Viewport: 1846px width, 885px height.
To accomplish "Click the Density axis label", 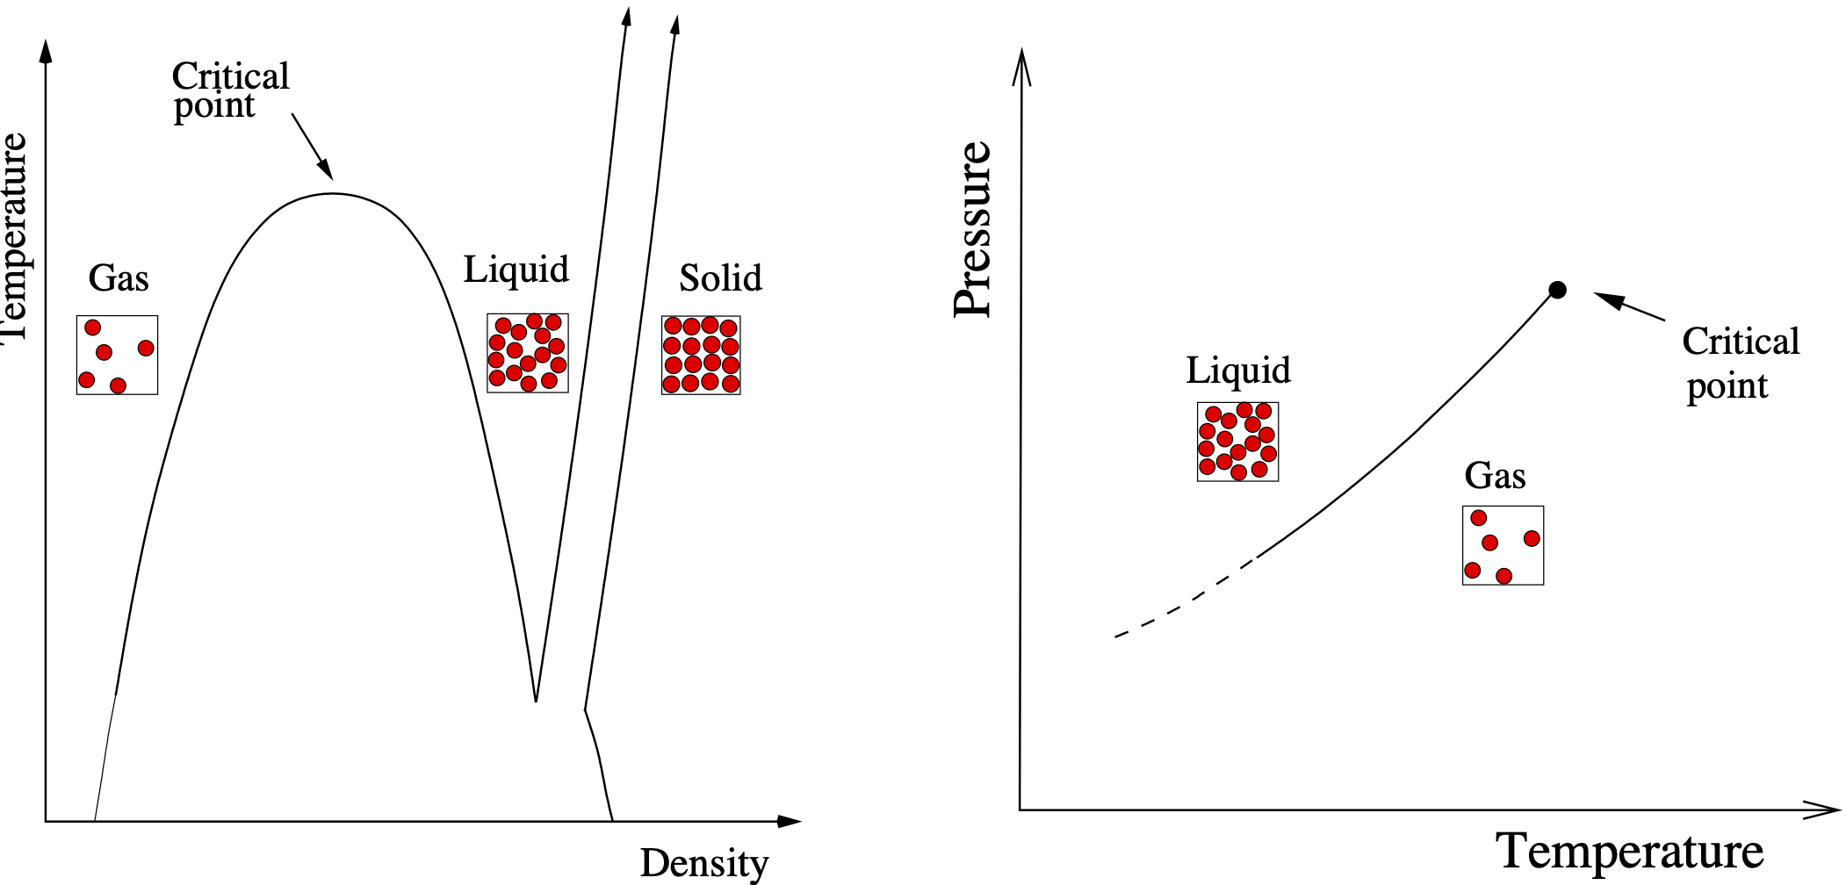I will click(x=703, y=863).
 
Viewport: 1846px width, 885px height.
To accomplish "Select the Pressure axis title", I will click(x=973, y=229).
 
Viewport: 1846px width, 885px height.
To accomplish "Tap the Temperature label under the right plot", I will click(x=1629, y=851).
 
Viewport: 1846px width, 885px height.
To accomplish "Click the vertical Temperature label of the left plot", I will click(x=14, y=237).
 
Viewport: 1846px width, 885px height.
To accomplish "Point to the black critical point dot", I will click(x=1557, y=290).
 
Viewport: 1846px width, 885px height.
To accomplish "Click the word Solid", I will click(x=720, y=278).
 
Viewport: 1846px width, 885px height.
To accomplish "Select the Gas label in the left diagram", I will click(x=119, y=279).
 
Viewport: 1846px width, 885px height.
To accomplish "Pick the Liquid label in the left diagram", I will click(x=516, y=270).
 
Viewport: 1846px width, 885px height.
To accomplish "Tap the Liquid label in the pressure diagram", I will click(x=1238, y=371).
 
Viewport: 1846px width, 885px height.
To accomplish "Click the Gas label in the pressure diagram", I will click(x=1495, y=476).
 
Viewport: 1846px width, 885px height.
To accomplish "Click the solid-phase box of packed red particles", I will click(x=701, y=355).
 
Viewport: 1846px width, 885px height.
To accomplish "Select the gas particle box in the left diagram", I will click(x=117, y=355).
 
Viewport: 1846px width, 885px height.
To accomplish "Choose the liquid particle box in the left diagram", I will click(x=528, y=353).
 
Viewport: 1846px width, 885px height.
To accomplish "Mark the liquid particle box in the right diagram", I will click(x=1237, y=442).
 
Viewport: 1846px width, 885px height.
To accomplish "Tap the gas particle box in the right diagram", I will click(x=1503, y=545).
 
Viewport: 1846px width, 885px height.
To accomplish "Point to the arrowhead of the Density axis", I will click(x=790, y=822).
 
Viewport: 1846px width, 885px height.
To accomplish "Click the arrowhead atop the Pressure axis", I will click(x=1020, y=66).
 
